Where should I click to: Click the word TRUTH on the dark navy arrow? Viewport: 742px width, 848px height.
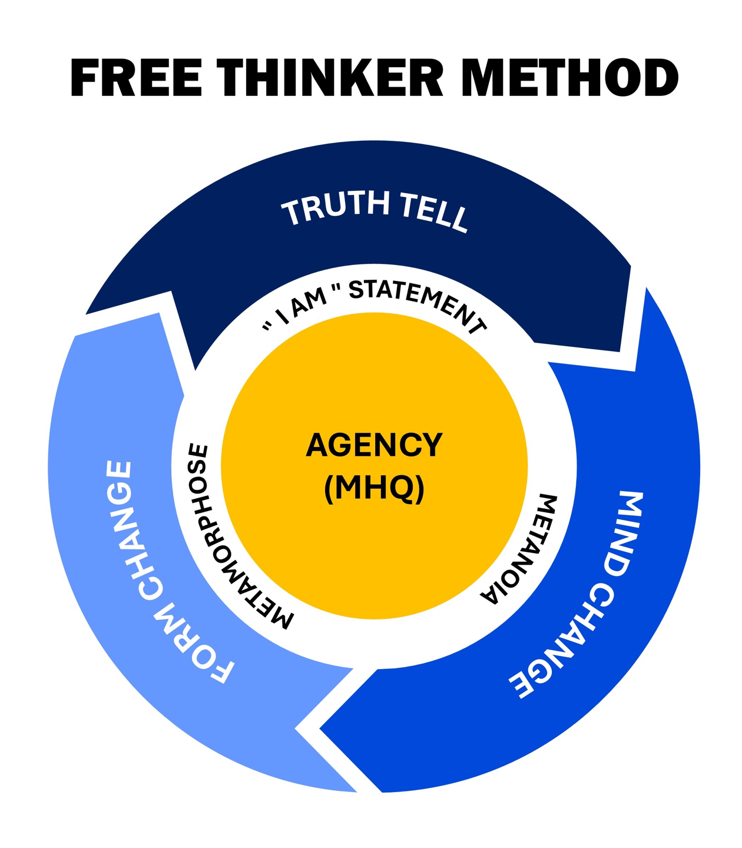click(336, 208)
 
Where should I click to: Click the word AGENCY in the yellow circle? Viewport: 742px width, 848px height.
click(374, 445)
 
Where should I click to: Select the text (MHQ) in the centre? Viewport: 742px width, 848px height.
click(374, 488)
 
